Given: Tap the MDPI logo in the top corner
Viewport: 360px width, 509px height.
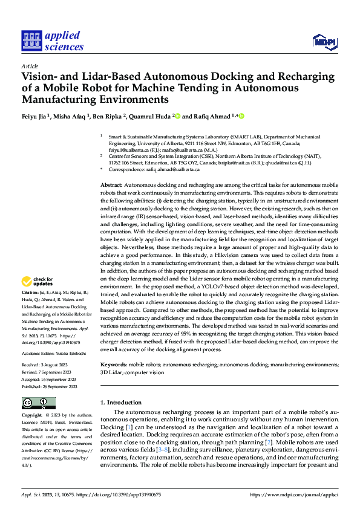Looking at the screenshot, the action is pos(324,41).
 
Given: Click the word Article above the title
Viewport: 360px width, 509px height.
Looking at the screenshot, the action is pos(30,66).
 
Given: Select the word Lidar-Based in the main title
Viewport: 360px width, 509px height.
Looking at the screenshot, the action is pos(106,77).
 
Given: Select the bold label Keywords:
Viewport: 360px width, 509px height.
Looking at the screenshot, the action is pos(113,365).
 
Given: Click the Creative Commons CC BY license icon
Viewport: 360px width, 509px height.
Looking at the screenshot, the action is pos(38,403).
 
